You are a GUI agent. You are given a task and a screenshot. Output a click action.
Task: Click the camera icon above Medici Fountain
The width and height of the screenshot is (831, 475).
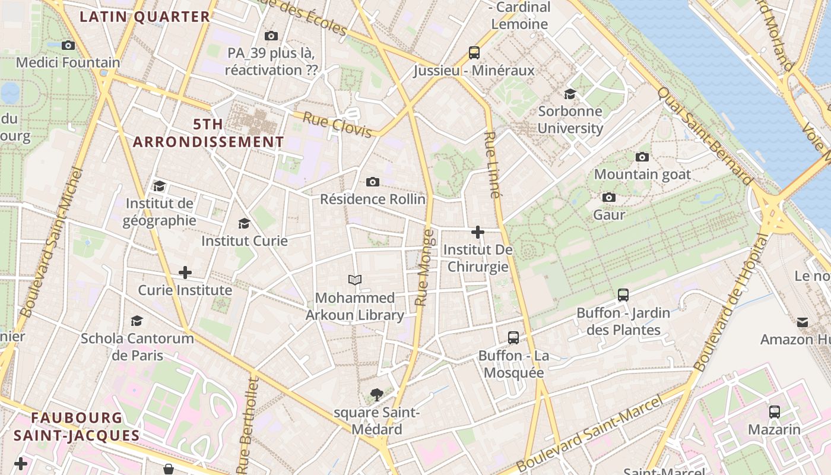pos(68,45)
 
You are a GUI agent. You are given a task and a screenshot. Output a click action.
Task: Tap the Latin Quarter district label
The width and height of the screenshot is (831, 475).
pos(145,17)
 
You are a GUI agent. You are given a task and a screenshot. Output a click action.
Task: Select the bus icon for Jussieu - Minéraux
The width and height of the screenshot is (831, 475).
pos(474,53)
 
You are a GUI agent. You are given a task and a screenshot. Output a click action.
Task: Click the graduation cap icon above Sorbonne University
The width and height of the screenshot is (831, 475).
pos(570,94)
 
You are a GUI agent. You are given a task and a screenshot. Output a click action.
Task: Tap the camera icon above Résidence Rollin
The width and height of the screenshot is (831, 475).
pos(373,182)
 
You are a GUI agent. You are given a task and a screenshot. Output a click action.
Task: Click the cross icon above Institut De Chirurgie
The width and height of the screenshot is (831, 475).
pos(478,232)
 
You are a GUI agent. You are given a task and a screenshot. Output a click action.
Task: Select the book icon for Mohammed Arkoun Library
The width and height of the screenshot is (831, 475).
pos(355,280)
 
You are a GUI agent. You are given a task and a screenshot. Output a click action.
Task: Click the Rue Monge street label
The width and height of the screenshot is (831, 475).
pos(425,267)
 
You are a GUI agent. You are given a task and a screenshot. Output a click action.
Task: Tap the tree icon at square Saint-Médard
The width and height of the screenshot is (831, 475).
pos(376,394)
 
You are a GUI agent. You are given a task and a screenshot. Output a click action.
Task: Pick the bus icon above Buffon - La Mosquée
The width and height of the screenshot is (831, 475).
pos(513,338)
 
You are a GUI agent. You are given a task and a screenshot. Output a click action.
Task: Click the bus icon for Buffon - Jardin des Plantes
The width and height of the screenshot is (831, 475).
pos(623,295)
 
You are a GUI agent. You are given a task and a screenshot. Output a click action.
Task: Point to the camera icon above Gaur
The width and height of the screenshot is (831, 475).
pos(609,198)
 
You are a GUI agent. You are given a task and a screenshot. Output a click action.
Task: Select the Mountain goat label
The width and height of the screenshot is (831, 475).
pos(642,174)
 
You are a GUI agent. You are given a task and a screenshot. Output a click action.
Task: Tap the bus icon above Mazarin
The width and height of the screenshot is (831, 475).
pos(775,412)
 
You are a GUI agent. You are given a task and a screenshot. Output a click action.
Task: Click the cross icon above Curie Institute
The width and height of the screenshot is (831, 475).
pos(185,273)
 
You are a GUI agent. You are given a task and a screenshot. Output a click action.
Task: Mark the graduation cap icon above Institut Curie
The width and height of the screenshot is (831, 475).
pos(244,224)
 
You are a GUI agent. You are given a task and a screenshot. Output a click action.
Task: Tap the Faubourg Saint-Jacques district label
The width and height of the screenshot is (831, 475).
pos(77,426)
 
